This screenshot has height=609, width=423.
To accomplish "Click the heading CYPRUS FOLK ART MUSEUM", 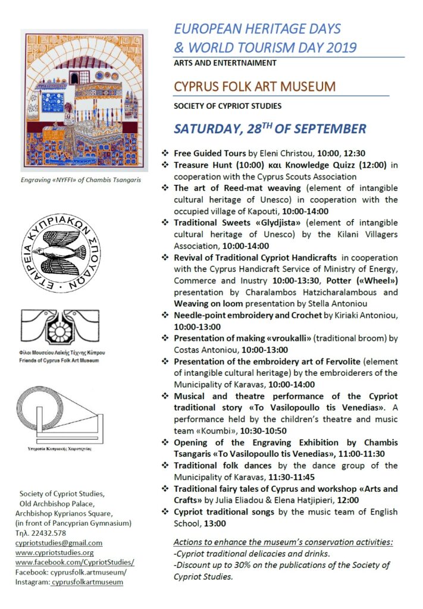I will coord(255,87).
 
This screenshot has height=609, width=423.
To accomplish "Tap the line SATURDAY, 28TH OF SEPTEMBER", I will coord(270,129).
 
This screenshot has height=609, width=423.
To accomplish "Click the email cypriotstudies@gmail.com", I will coord(59,542).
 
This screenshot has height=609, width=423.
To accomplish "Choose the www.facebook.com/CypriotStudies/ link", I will coord(75,562).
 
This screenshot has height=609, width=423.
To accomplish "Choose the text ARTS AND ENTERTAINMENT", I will coord(225,62).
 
